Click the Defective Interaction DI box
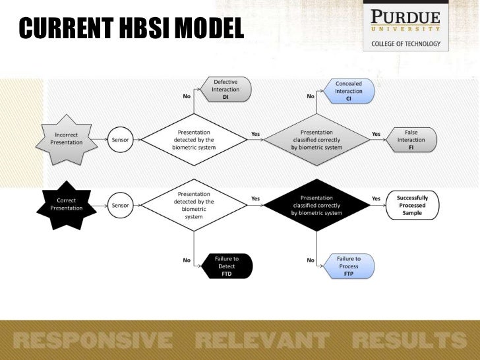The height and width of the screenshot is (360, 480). point(225,89)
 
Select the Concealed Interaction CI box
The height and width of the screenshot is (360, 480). point(348,91)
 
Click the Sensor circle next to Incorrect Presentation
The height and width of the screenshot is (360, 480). point(120,140)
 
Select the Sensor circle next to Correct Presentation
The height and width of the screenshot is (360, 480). point(120,205)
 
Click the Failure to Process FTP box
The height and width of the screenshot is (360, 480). point(348,266)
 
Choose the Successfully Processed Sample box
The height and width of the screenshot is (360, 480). point(411,205)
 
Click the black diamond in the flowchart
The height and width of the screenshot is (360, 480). point(316,205)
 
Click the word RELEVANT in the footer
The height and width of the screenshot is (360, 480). point(262,340)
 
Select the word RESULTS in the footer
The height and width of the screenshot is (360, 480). point(409,340)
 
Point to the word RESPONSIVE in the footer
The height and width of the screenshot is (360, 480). point(92,340)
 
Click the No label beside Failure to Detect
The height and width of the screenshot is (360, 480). point(187,260)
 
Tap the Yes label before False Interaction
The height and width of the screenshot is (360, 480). point(376,134)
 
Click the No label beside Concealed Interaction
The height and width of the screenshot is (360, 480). point(310,96)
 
